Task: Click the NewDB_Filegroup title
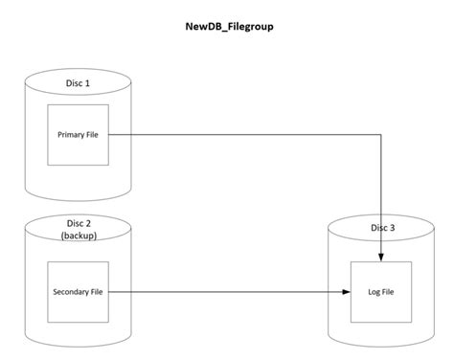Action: pyautogui.click(x=227, y=27)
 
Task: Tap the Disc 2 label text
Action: pyautogui.click(x=76, y=222)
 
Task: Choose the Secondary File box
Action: pyautogui.click(x=77, y=291)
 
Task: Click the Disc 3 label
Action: pyautogui.click(x=383, y=228)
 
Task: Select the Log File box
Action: pyautogui.click(x=383, y=291)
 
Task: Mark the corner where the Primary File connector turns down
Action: pyautogui.click(x=383, y=134)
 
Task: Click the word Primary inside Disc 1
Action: pyautogui.click(x=66, y=134)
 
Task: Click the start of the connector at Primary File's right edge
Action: pyautogui.click(x=108, y=134)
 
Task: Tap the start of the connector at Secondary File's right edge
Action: pyautogui.click(x=108, y=291)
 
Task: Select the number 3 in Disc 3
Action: pyautogui.click(x=395, y=228)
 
